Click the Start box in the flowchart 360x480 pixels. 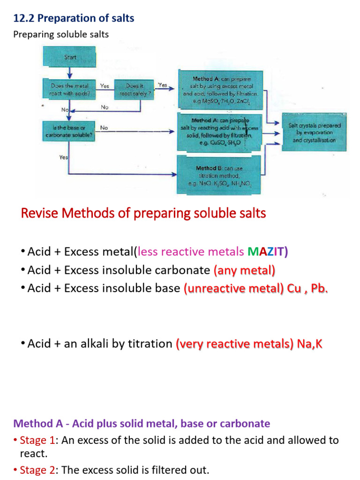pyautogui.click(x=69, y=57)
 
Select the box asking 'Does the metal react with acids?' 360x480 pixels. pyautogui.click(x=69, y=90)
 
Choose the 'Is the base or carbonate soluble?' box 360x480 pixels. pyautogui.click(x=69, y=132)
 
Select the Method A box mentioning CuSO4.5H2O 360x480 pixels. pyautogui.click(x=219, y=131)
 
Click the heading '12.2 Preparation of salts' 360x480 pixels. pyautogui.click(x=74, y=18)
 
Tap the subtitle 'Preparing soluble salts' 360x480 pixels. pyautogui.click(x=61, y=34)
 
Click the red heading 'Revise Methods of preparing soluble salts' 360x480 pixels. pyautogui.click(x=143, y=213)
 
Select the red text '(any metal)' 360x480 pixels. pyautogui.click(x=244, y=270)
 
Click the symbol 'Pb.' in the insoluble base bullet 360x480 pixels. pyautogui.click(x=319, y=288)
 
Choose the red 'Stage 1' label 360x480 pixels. pyautogui.click(x=35, y=441)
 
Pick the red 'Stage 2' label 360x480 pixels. pyautogui.click(x=35, y=470)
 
